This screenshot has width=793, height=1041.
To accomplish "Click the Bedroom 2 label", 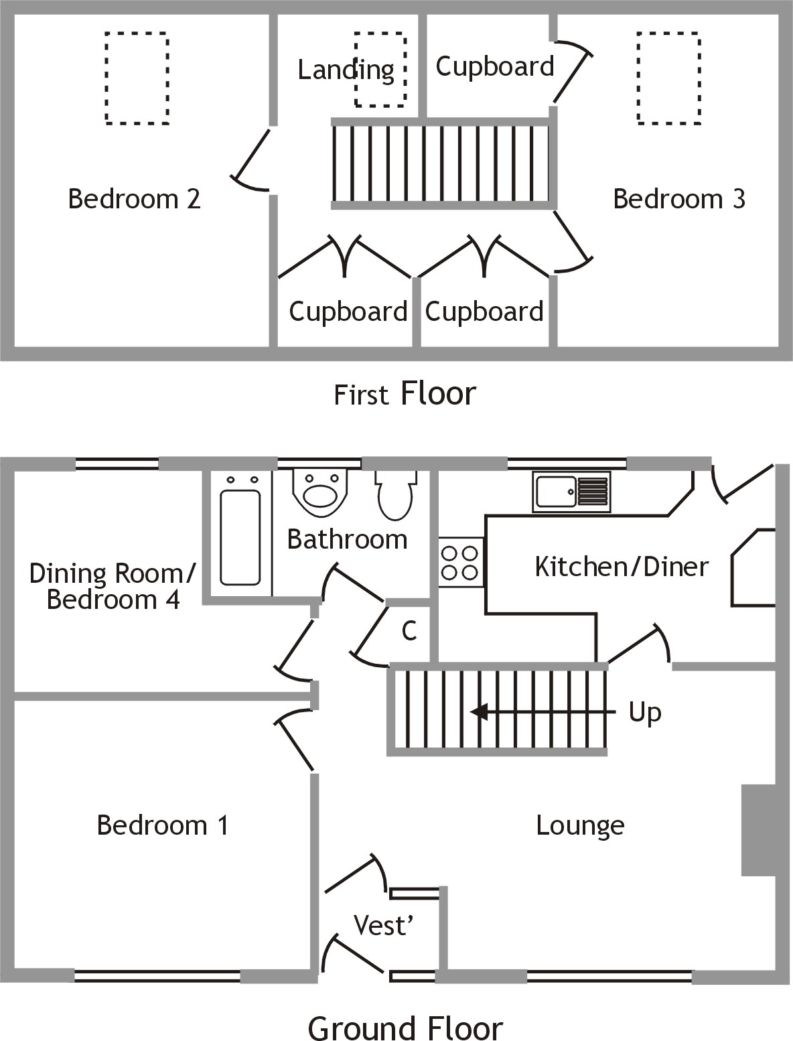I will (134, 199).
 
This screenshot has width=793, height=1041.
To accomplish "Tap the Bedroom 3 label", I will (678, 199).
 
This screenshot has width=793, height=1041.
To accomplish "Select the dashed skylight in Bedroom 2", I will (137, 78).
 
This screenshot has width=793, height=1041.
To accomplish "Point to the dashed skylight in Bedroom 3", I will (668, 78).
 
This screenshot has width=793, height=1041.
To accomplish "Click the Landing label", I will (346, 70).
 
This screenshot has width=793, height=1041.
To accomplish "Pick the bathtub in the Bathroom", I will (240, 537).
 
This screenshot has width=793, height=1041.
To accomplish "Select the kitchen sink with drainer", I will (571, 491).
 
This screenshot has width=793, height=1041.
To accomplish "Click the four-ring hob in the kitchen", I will (461, 563).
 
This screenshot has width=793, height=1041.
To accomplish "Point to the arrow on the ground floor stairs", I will (479, 711).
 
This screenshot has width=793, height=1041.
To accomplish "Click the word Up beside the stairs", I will (644, 713).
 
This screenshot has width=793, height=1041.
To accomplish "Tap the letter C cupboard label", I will (409, 630).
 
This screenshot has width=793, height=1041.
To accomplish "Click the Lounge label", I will (580, 825).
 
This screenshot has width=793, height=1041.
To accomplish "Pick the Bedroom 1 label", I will (163, 825).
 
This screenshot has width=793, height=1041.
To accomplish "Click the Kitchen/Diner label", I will (621, 567).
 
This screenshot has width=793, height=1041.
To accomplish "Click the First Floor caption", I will (405, 394).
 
